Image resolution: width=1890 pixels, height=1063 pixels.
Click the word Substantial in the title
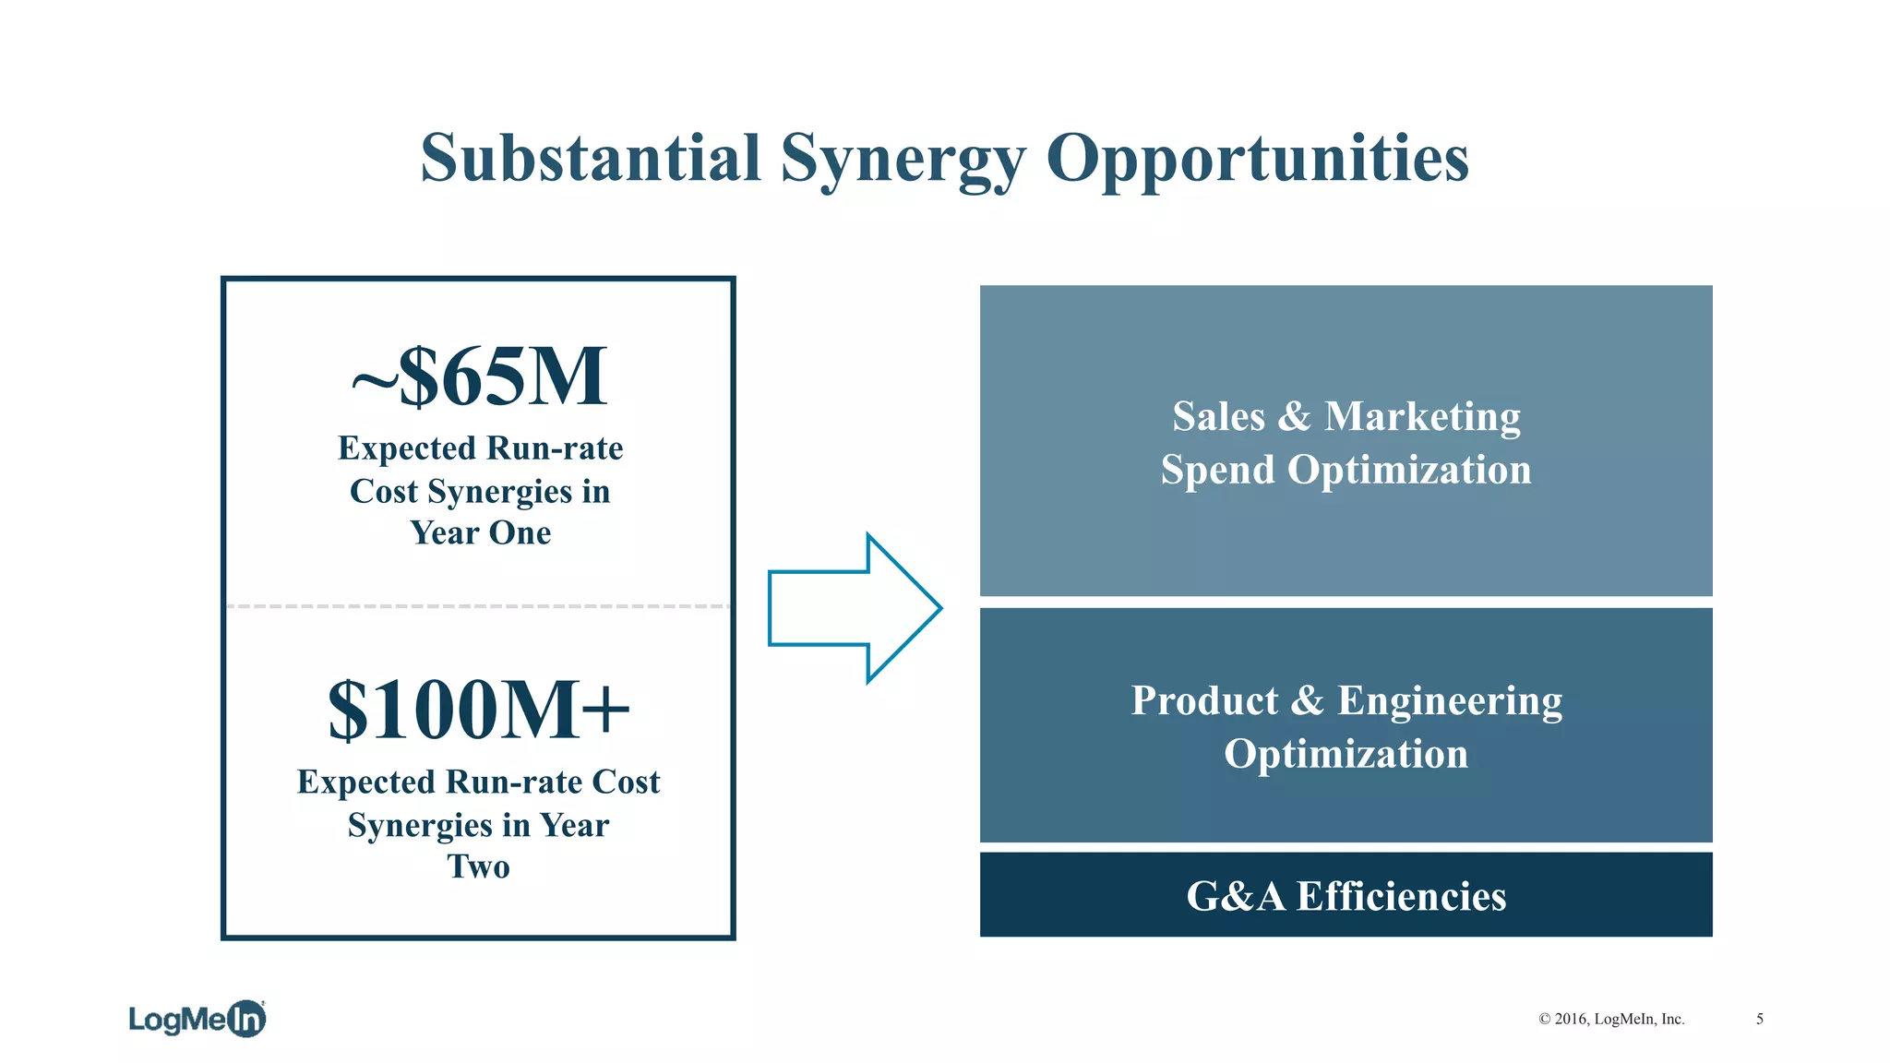click(591, 158)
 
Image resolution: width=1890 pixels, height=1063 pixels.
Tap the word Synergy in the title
click(903, 160)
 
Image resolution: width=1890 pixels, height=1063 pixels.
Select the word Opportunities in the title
click(1257, 160)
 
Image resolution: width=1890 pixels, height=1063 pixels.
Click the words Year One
click(481, 532)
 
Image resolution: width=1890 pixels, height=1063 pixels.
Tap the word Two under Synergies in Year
click(479, 866)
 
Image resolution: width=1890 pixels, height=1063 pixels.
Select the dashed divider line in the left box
click(478, 606)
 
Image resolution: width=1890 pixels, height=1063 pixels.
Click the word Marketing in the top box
click(1422, 416)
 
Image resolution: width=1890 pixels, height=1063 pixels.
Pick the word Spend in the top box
click(1218, 470)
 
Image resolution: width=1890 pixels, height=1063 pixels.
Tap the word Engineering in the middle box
click(1450, 700)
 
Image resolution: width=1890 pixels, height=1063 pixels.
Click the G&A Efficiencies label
click(1346, 896)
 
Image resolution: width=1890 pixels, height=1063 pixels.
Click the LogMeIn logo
click(197, 1019)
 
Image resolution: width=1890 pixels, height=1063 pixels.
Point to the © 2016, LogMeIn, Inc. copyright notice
click(1611, 1019)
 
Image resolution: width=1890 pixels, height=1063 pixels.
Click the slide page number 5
click(1760, 1019)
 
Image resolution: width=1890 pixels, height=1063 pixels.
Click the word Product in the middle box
click(1204, 700)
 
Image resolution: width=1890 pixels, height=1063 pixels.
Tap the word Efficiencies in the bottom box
click(1401, 896)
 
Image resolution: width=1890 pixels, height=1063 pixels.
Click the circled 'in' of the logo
click(246, 1019)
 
